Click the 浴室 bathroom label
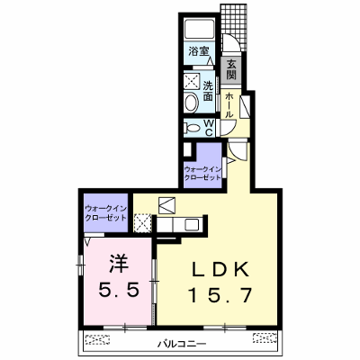(199, 52)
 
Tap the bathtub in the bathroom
(199, 29)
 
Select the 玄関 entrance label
(231, 69)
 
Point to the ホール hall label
(229, 105)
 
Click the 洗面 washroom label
(208, 91)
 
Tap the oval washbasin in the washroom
(192, 103)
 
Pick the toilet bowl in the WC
(192, 129)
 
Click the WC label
(209, 128)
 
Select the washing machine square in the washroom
(192, 81)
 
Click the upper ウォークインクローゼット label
(202, 173)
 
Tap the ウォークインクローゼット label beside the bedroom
(105, 213)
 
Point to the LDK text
(220, 270)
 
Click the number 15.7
(220, 295)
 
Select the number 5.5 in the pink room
(119, 290)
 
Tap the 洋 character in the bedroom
(119, 264)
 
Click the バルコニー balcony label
(182, 343)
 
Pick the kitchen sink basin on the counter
(192, 224)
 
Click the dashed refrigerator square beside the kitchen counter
(143, 222)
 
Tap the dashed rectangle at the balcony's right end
(265, 337)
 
